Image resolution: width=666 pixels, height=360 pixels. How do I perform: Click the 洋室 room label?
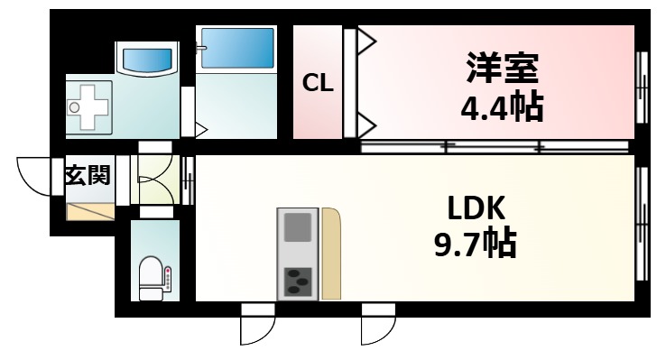click(x=503, y=70)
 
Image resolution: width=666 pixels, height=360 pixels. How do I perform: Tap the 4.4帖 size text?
click(x=502, y=109)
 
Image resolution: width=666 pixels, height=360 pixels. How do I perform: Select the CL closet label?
click(x=317, y=84)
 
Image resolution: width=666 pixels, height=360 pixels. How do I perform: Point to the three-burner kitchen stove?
click(x=297, y=282)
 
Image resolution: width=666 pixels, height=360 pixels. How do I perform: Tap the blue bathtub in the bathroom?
click(x=237, y=47)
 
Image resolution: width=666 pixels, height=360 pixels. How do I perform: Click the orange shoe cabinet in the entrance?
click(x=90, y=213)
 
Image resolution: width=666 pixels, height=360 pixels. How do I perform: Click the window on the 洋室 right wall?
click(x=643, y=86)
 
